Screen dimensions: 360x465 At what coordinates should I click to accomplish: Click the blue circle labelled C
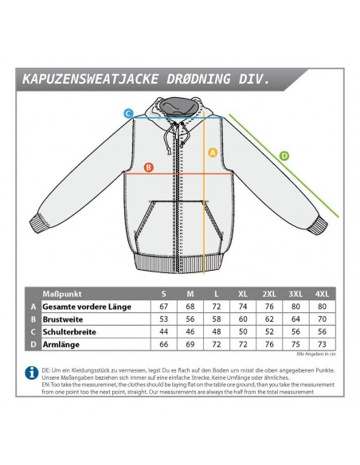pyautogui.click(x=128, y=113)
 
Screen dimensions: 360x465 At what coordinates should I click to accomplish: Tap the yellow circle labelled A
pyautogui.click(x=213, y=152)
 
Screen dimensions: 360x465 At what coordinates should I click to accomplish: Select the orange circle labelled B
pyautogui.click(x=149, y=167)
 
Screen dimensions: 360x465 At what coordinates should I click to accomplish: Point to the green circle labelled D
pyautogui.click(x=284, y=156)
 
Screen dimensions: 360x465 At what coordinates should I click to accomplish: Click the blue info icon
pyautogui.click(x=32, y=373)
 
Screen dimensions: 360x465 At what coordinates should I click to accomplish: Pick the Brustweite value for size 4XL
pyautogui.click(x=322, y=319)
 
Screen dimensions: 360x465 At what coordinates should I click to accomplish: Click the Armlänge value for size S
pyautogui.click(x=164, y=344)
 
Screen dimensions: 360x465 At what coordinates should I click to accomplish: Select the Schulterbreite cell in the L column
pyautogui.click(x=217, y=331)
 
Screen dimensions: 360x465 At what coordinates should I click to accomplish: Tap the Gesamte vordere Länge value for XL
pyautogui.click(x=243, y=307)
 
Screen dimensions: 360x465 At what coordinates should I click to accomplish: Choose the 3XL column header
pyautogui.click(x=295, y=294)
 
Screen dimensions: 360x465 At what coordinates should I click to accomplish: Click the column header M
pyautogui.click(x=190, y=294)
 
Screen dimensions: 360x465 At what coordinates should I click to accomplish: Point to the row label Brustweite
pyautogui.click(x=63, y=319)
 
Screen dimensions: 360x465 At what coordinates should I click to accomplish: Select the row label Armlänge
pyautogui.click(x=61, y=345)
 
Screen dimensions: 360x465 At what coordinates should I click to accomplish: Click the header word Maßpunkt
pyautogui.click(x=61, y=294)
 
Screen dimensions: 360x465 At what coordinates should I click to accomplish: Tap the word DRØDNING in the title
pyautogui.click(x=198, y=79)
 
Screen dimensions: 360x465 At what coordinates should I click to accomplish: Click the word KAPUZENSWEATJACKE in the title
pyautogui.click(x=91, y=79)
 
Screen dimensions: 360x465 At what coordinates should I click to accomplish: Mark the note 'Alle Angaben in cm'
pyautogui.click(x=316, y=354)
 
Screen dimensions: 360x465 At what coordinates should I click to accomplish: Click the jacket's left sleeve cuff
pyautogui.click(x=37, y=223)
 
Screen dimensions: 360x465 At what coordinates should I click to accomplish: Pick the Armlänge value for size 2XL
pyautogui.click(x=269, y=344)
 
